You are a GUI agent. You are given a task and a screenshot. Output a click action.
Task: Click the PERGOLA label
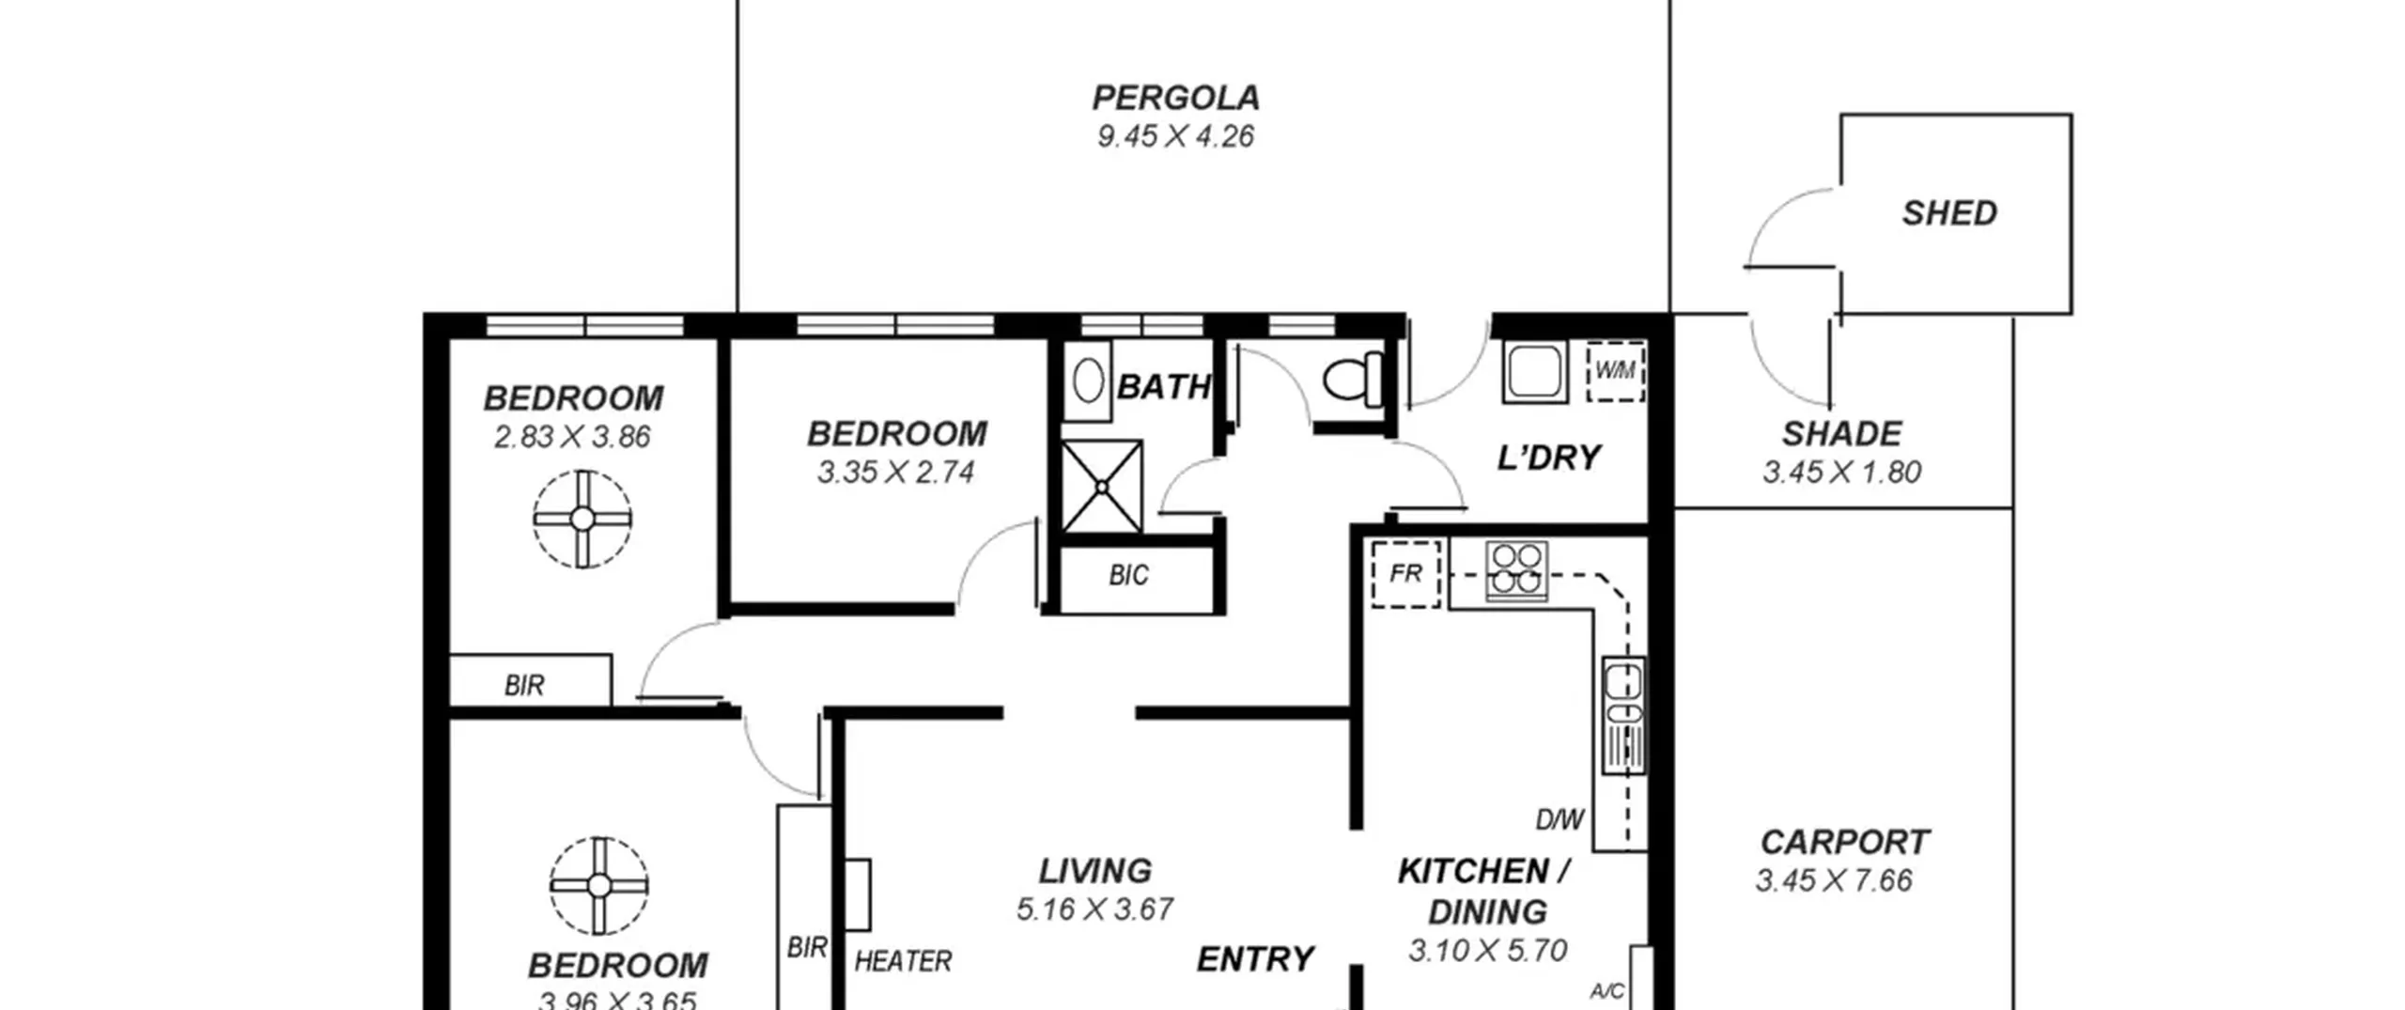click(x=1175, y=98)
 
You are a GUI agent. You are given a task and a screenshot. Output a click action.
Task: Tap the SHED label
click(x=1949, y=213)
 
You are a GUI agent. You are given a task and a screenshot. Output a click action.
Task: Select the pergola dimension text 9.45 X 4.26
click(x=1175, y=136)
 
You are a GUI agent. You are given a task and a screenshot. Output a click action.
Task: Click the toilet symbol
click(x=1354, y=380)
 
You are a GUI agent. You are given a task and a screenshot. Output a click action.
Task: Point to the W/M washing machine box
click(x=1616, y=371)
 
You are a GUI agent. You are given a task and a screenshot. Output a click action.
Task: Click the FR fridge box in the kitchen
click(x=1405, y=573)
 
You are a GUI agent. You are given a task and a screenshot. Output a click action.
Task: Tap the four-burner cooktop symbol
click(x=1516, y=570)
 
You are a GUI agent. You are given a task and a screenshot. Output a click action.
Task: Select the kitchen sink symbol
click(x=1623, y=715)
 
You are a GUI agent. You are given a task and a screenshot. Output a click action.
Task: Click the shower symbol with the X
click(x=1102, y=487)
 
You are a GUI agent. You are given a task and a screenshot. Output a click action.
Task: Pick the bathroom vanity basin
click(x=1087, y=381)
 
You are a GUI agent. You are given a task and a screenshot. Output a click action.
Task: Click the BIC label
click(x=1128, y=575)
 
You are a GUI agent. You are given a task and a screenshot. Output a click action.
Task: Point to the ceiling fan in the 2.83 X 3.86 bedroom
click(x=582, y=519)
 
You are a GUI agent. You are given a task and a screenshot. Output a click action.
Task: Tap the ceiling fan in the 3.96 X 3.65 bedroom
click(x=599, y=886)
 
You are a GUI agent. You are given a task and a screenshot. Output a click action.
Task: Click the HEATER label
click(x=903, y=961)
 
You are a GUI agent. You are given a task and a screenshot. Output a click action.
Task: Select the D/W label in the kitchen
click(x=1559, y=820)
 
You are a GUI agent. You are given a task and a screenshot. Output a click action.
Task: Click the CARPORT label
click(x=1845, y=842)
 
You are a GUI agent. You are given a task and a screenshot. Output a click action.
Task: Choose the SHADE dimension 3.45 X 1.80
click(x=1842, y=472)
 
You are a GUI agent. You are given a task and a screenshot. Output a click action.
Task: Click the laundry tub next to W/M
click(x=1535, y=372)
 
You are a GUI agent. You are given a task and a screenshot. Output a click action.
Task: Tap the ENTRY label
click(x=1255, y=959)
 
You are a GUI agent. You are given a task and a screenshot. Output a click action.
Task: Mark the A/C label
click(x=1607, y=991)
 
